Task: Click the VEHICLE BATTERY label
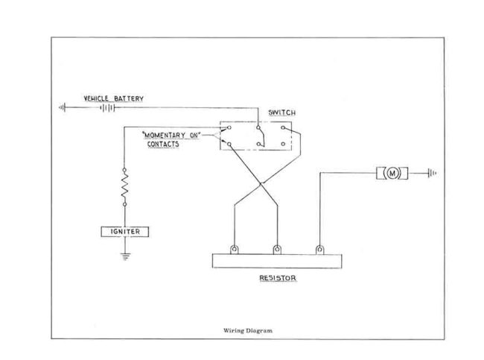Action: point(113,98)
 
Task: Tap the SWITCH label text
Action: point(282,113)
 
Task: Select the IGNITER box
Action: point(125,232)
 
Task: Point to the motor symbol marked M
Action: point(392,174)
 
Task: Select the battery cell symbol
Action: point(109,107)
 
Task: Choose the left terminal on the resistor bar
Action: point(235,249)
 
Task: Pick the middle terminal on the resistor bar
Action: point(278,249)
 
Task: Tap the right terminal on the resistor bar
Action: point(320,249)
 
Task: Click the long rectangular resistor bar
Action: point(278,262)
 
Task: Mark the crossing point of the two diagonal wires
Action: point(260,183)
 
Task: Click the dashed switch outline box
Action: point(258,136)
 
